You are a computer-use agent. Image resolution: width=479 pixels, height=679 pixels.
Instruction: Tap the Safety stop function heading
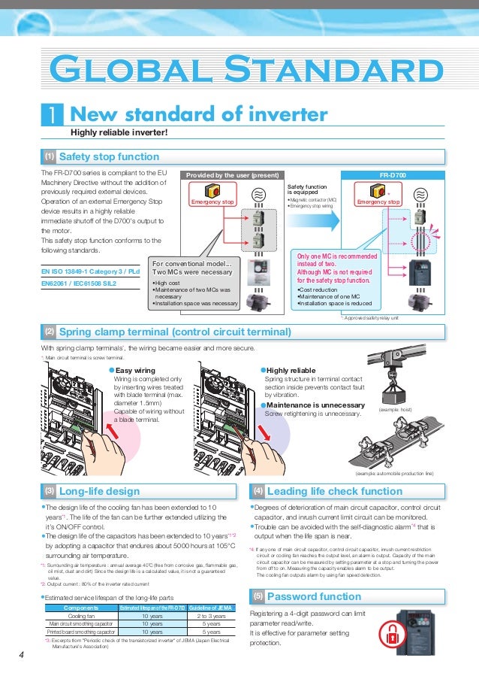(108, 157)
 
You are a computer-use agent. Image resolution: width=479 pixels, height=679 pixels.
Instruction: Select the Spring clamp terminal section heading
(174, 332)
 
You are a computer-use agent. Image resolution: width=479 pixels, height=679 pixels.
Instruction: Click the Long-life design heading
(99, 491)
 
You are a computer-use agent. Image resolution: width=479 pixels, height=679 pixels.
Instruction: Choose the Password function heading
(303, 596)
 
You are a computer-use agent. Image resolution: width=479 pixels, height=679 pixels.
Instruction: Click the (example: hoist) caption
(392, 410)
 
